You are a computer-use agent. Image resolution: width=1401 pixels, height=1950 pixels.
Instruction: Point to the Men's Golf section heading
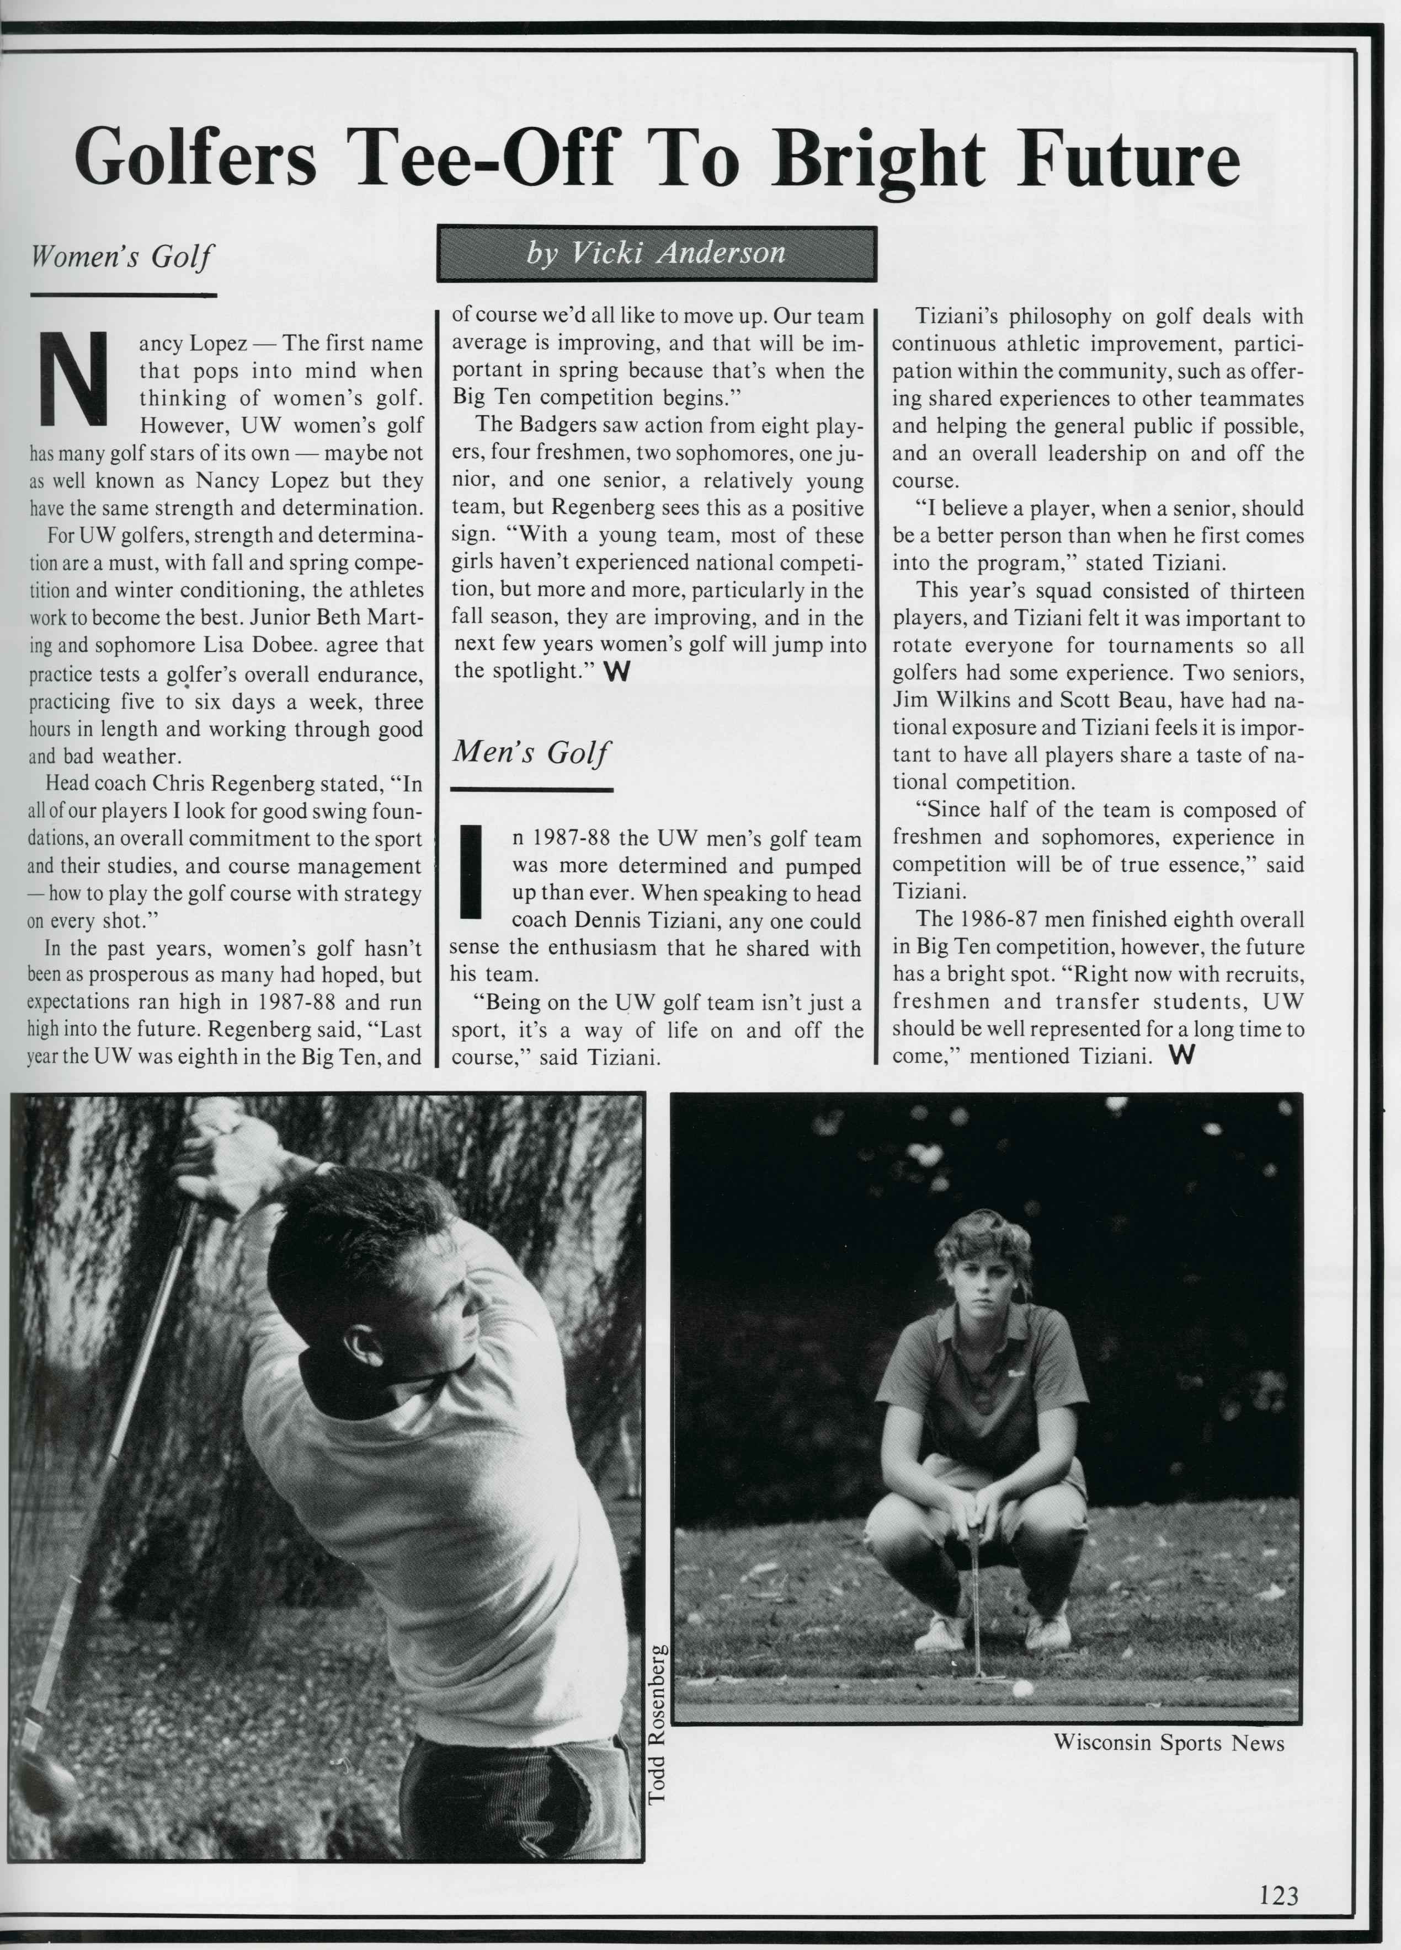tap(531, 752)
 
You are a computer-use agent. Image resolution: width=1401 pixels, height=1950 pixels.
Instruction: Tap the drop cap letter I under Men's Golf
tap(470, 871)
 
